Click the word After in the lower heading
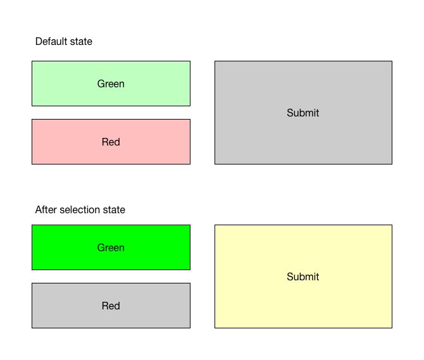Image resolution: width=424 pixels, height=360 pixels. click(46, 210)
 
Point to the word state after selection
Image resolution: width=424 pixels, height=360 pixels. click(114, 210)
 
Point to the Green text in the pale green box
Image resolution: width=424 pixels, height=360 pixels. click(111, 84)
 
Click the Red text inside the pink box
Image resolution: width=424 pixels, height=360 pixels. click(111, 142)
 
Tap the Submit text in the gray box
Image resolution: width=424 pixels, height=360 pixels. click(303, 113)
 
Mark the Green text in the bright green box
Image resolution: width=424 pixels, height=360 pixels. click(111, 247)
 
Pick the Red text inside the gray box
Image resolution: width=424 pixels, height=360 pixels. click(111, 306)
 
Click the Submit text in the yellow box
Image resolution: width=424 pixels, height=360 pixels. click(303, 276)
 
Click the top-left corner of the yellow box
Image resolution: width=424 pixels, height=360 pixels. click(215, 225)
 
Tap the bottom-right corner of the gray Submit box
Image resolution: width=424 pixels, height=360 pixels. click(392, 164)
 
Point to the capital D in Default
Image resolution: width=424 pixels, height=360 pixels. click(39, 42)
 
